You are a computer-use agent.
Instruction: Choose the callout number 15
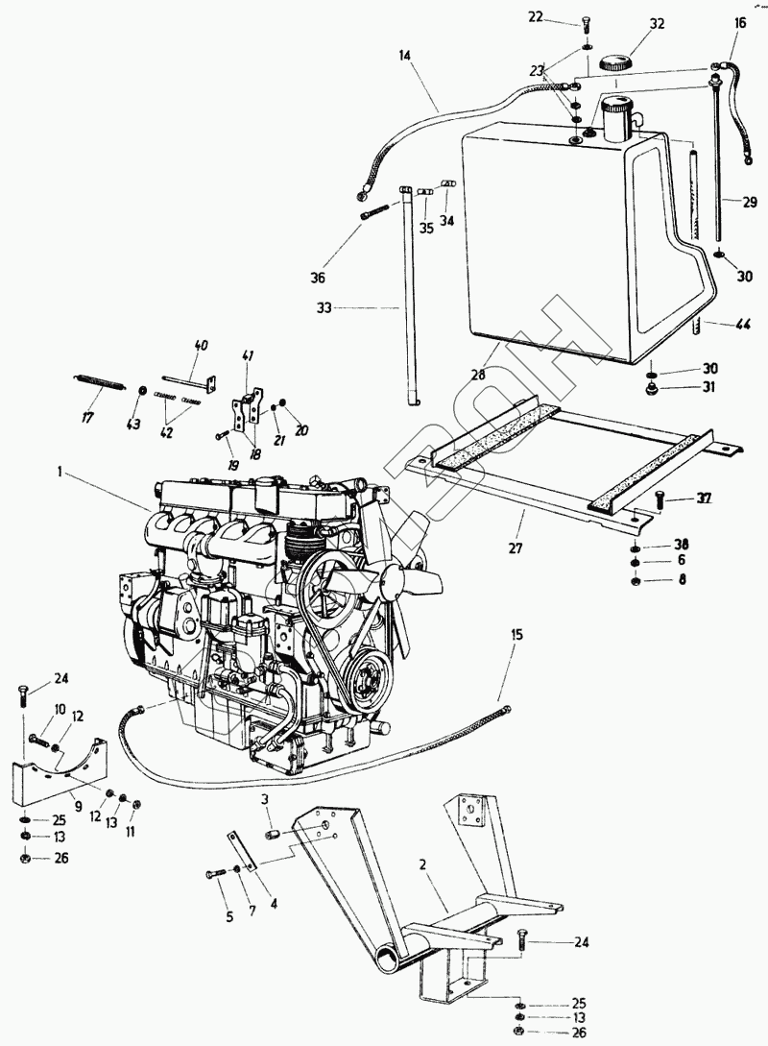[518, 635]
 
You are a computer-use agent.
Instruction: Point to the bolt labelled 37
[659, 499]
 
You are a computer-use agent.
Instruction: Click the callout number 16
[739, 21]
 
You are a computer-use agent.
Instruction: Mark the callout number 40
[201, 345]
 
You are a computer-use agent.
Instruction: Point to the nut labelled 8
[636, 580]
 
